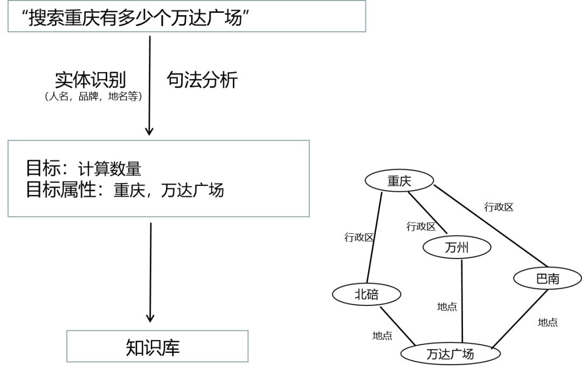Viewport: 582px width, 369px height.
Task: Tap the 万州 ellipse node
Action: pyautogui.click(x=457, y=248)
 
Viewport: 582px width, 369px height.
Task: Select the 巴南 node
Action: pyautogui.click(x=548, y=279)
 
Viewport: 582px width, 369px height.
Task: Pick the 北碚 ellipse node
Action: pyautogui.click(x=366, y=294)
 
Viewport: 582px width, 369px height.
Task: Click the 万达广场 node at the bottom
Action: pyautogui.click(x=450, y=354)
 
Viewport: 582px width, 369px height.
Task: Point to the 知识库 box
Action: pyautogui.click(x=157, y=346)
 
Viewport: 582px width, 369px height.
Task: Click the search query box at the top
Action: pyautogui.click(x=186, y=17)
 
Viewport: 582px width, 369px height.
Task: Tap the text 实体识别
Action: pyautogui.click(x=90, y=80)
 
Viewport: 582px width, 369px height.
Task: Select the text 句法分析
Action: pyautogui.click(x=202, y=80)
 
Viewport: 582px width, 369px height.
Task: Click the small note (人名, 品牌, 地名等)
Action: pyautogui.click(x=91, y=97)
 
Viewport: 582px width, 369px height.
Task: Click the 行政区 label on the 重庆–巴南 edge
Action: pyautogui.click(x=498, y=207)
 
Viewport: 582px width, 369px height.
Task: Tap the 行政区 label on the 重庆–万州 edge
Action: pyautogui.click(x=421, y=227)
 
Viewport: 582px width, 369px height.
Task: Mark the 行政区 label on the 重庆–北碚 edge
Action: pyautogui.click(x=359, y=238)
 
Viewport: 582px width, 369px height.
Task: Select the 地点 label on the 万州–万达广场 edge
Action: pyautogui.click(x=447, y=307)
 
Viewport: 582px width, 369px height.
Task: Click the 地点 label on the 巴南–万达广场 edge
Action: pyautogui.click(x=548, y=322)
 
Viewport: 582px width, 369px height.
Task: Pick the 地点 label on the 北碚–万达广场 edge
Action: pyautogui.click(x=382, y=336)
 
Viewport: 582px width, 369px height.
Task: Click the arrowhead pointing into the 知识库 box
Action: pyautogui.click(x=150, y=317)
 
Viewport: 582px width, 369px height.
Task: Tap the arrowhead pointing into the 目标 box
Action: pyautogui.click(x=150, y=130)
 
